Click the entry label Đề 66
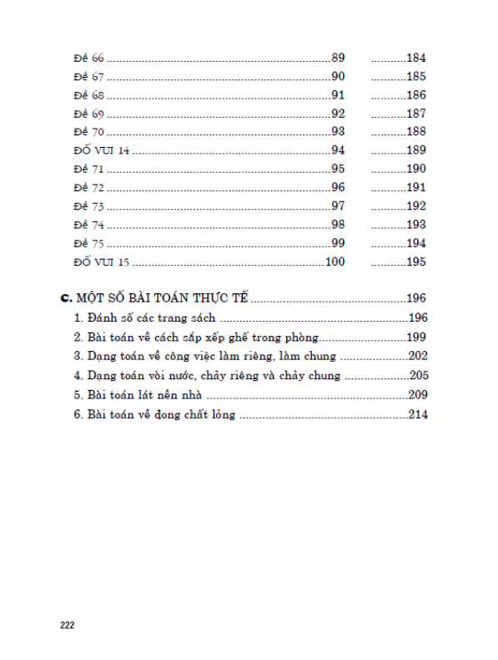tap(88, 58)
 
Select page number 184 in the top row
tap(416, 58)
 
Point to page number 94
tap(338, 150)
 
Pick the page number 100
tap(335, 261)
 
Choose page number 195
tap(416, 261)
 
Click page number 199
tap(418, 338)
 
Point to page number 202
tap(418, 357)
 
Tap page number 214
tap(418, 414)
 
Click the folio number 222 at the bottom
tap(68, 624)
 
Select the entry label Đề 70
tap(88, 132)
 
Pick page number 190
tap(416, 169)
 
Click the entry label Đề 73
tap(88, 206)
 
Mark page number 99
tap(338, 243)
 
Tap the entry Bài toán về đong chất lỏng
tap(154, 414)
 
